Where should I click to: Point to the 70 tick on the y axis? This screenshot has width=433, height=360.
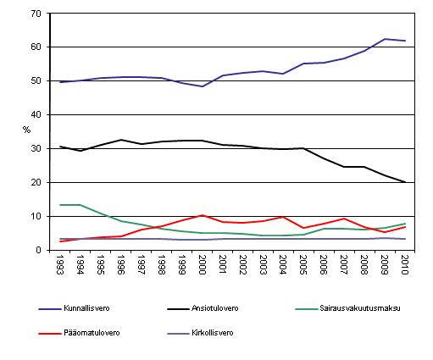tap(37, 14)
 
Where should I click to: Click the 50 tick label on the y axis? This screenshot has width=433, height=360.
tap(37, 81)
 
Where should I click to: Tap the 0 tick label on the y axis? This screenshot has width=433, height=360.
tap(40, 250)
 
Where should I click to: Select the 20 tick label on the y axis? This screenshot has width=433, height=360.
tap(37, 183)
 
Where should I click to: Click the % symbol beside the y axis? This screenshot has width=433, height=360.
tap(26, 130)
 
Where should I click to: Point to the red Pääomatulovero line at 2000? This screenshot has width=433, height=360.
tap(203, 215)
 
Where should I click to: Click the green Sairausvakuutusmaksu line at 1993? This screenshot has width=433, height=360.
tap(61, 205)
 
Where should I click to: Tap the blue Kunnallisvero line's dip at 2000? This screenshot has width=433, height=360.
tap(203, 86)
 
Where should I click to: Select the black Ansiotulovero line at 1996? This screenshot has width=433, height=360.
tap(121, 140)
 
